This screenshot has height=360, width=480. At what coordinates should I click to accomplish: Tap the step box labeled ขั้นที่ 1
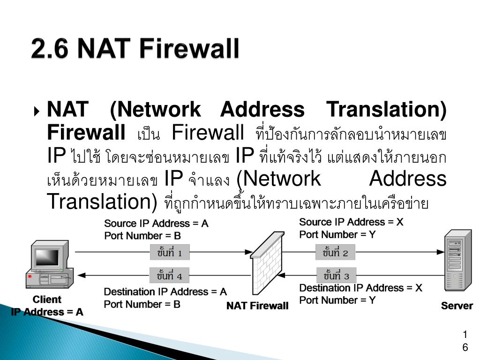click(170, 253)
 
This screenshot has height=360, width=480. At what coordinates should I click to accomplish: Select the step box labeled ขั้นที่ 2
click(335, 253)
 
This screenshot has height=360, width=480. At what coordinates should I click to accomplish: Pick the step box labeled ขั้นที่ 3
click(336, 275)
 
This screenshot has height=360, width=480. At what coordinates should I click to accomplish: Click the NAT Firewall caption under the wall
click(257, 306)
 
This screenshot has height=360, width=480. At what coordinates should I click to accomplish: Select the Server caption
click(457, 306)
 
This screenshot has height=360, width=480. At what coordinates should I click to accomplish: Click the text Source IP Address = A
click(156, 224)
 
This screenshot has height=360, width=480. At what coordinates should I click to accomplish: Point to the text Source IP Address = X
click(351, 222)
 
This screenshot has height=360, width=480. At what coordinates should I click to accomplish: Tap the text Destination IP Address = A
click(165, 292)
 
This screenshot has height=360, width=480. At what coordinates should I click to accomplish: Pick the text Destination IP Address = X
click(361, 288)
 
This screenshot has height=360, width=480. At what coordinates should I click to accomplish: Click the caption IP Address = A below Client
click(47, 312)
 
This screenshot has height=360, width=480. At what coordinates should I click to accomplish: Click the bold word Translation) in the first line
click(386, 110)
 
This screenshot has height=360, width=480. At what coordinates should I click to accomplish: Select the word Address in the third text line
click(408, 179)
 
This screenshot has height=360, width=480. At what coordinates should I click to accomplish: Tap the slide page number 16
click(465, 341)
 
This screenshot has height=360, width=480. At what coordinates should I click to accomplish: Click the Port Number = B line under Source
click(142, 236)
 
